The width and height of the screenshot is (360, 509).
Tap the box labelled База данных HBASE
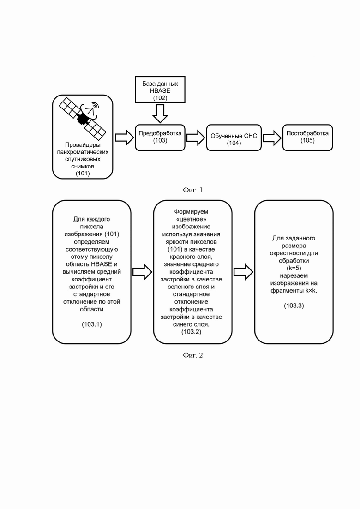pos(160,90)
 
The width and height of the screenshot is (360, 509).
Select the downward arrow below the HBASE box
pos(160,114)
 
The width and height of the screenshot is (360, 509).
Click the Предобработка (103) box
pos(160,138)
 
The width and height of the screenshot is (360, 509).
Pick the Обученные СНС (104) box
pos(234,138)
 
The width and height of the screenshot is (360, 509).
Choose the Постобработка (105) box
pos(307,138)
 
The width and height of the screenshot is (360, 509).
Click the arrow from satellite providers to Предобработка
pos(125,138)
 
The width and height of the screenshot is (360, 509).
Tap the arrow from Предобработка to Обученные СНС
pos(196,138)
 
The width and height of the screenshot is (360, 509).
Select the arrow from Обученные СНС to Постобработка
pos(272,138)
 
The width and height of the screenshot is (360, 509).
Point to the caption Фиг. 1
pos(193,190)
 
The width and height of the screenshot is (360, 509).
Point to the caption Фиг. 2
pos(193,355)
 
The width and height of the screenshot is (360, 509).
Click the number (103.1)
pos(92,324)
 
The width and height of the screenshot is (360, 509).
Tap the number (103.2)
pos(191,332)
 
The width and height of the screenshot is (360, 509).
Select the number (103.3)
pos(294,305)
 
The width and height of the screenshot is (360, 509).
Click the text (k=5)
pos(294,268)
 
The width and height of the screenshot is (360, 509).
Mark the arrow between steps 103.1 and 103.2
pos(142,272)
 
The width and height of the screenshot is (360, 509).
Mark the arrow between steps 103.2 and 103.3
pos(244,272)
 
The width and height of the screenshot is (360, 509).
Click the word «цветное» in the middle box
pos(191,219)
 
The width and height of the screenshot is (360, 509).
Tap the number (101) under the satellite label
pos(83,174)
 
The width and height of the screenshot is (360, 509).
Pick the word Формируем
pos(191,212)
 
